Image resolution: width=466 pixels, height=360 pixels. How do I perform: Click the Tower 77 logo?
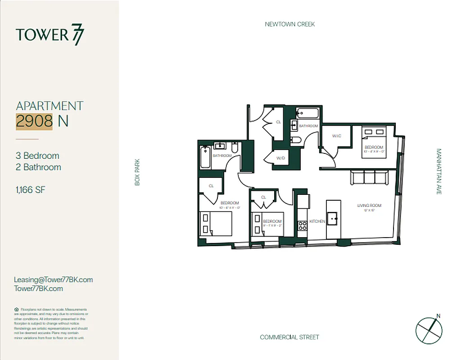(50, 35)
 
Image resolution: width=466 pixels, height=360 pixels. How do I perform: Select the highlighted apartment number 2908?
(34, 121)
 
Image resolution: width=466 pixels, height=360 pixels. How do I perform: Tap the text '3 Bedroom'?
(37, 156)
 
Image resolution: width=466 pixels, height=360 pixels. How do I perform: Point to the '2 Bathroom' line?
(38, 167)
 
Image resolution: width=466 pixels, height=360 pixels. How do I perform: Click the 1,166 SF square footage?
(30, 190)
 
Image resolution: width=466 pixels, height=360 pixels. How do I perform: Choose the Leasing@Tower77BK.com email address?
(53, 279)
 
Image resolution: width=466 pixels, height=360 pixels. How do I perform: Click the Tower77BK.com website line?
(38, 289)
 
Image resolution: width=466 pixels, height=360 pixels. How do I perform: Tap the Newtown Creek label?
(290, 24)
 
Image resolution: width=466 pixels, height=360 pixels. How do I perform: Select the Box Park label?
(138, 172)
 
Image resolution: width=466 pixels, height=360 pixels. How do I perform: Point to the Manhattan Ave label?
(439, 172)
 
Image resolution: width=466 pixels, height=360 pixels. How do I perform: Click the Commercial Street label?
(289, 337)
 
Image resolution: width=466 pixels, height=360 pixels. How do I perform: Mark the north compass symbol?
(429, 329)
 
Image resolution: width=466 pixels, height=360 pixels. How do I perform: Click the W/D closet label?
(281, 158)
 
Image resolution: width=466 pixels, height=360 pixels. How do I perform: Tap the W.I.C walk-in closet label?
(337, 135)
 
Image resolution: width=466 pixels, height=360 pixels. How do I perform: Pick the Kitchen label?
(317, 221)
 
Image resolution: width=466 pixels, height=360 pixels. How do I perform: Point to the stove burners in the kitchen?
(302, 225)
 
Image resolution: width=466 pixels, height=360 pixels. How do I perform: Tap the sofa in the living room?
(370, 178)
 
